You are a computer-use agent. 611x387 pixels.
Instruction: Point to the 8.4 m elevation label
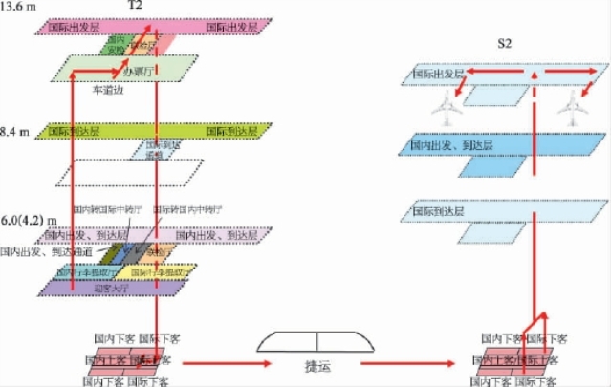pyautogui.click(x=19, y=126)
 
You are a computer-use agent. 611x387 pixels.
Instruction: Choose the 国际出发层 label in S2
pyautogui.click(x=438, y=73)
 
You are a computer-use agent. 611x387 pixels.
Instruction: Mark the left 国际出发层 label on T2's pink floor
pyautogui.click(x=72, y=28)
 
